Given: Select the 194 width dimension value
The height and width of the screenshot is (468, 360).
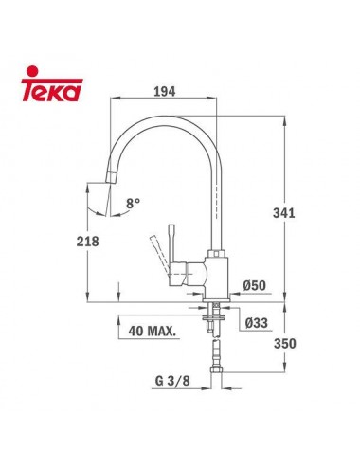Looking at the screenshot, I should pyautogui.click(x=167, y=93).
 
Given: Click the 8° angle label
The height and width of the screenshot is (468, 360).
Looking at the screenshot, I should pyautogui.click(x=134, y=202).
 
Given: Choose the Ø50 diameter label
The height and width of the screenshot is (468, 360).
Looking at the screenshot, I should pyautogui.click(x=253, y=285).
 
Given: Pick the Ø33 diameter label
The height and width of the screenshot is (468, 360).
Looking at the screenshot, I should pyautogui.click(x=254, y=323).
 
